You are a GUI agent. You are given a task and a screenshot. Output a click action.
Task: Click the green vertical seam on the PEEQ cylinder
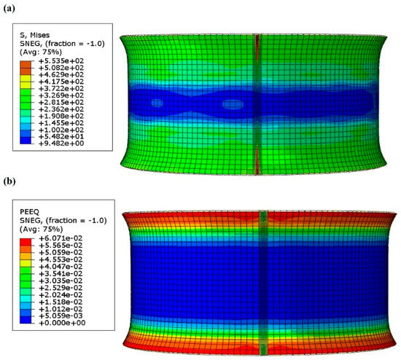click(263, 277)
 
